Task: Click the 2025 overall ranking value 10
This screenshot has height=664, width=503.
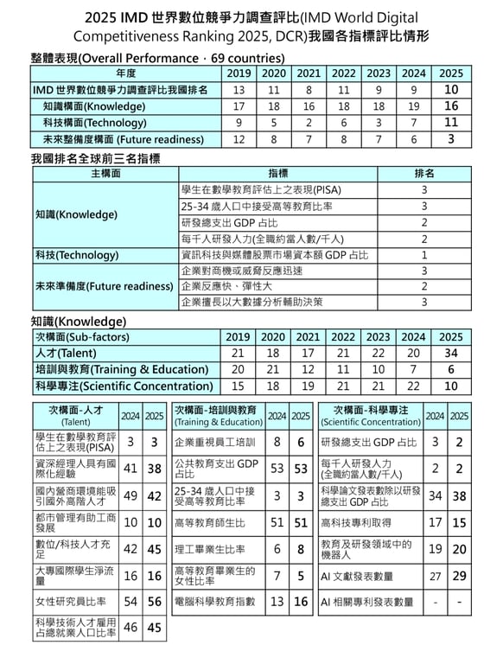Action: point(450,90)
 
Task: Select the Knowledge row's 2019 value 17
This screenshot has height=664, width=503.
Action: point(239,106)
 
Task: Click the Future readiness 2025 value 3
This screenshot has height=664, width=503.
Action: point(450,139)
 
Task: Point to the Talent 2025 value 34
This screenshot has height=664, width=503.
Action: point(450,354)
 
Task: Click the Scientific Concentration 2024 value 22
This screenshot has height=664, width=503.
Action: point(413,386)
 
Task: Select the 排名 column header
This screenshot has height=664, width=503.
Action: point(424,174)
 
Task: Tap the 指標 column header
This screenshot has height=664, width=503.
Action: point(278,174)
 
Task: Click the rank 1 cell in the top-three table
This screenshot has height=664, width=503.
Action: point(424,255)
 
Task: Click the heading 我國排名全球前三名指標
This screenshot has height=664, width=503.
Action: point(95,159)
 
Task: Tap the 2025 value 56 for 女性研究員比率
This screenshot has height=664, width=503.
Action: point(154,602)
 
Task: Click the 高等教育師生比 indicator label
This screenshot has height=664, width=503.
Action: point(210,523)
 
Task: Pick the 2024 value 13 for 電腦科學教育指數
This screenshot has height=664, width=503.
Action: point(277,602)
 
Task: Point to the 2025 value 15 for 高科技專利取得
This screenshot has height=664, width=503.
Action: point(459,523)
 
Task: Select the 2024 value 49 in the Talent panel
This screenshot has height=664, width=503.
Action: point(131,496)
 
